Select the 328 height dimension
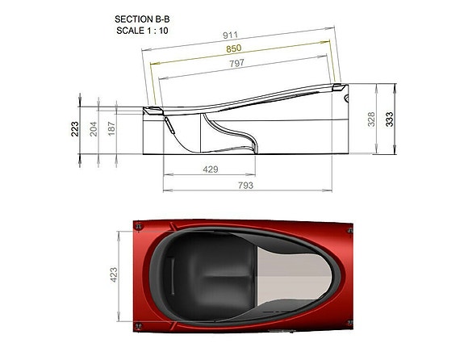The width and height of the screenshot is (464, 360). [372, 119]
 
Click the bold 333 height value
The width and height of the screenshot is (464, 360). [391, 119]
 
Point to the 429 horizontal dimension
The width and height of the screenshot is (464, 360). [209, 170]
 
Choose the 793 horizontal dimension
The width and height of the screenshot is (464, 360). [245, 186]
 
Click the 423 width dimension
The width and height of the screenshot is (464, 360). [114, 274]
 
